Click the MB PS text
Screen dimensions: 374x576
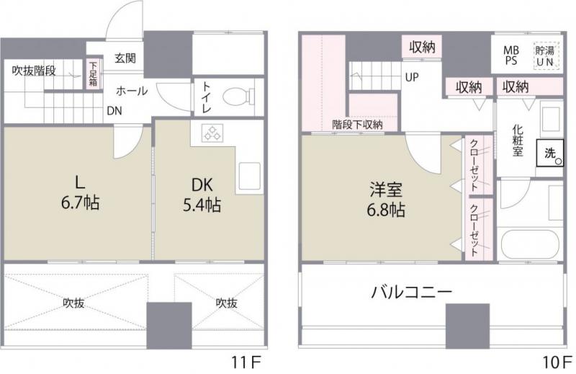(x=510, y=55)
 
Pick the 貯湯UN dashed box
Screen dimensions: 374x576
(x=545, y=55)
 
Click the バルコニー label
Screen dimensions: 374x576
(x=411, y=293)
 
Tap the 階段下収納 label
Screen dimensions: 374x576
(x=357, y=125)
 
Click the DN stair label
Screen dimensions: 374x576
(x=114, y=111)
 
